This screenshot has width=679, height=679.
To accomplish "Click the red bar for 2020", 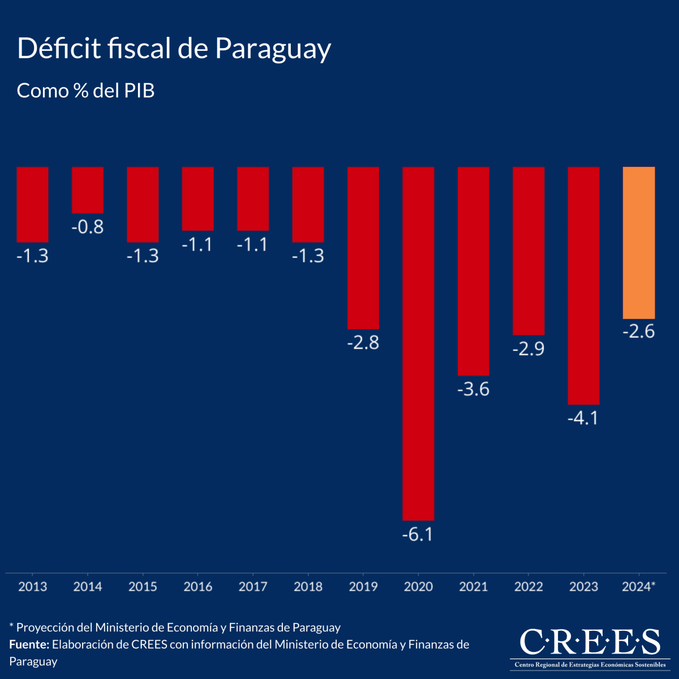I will coord(418,343).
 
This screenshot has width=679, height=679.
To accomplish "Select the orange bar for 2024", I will coord(639,243).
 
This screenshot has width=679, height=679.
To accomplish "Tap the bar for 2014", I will coord(88,190).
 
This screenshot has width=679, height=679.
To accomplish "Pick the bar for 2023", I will coord(583,285).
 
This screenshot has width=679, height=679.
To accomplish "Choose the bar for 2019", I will coord(363,247).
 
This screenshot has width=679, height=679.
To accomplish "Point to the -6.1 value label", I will coord(418,534).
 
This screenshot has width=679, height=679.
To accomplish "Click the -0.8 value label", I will coord(88,227).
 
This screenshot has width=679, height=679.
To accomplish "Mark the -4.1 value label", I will coord(583,419).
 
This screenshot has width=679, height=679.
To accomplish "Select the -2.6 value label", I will coord(638,332).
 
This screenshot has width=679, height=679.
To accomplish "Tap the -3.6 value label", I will coord(473,389).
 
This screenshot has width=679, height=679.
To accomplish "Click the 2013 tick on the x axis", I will coord(33,587).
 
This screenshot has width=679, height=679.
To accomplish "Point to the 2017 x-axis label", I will coord(253,587).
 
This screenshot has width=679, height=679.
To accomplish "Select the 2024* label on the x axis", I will coord(638,587).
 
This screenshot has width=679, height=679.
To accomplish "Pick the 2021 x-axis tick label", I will coord(474,587).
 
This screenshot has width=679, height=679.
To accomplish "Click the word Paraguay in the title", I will coord(273,50).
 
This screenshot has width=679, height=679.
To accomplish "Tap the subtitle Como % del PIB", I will coord(86,91).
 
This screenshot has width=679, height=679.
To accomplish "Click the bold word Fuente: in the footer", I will coord(29,644).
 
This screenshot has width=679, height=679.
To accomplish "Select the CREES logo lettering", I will coord(590,642).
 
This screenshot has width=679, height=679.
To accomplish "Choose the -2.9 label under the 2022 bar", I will coord(528,349).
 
